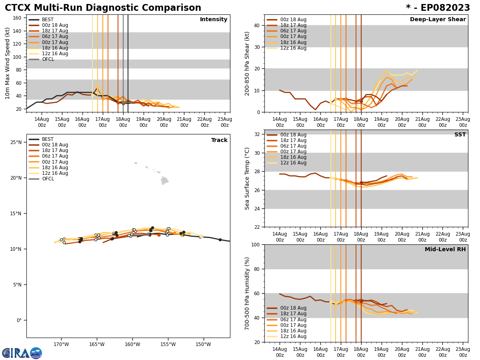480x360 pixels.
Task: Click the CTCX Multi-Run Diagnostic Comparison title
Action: coord(103,8)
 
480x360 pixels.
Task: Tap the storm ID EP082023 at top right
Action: coord(438,8)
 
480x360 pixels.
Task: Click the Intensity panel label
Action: coord(213,20)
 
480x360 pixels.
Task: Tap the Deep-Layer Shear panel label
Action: coord(438,20)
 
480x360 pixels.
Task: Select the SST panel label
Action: coord(460,135)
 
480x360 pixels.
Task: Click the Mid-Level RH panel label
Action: coord(445,250)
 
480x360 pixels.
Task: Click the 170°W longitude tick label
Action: coord(61,344)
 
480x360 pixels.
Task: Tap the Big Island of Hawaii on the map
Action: coord(164,181)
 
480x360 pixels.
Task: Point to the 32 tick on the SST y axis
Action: coord(258,134)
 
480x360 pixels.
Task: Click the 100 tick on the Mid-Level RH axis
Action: coord(256,244)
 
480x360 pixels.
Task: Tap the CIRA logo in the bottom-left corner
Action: coord(22,353)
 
